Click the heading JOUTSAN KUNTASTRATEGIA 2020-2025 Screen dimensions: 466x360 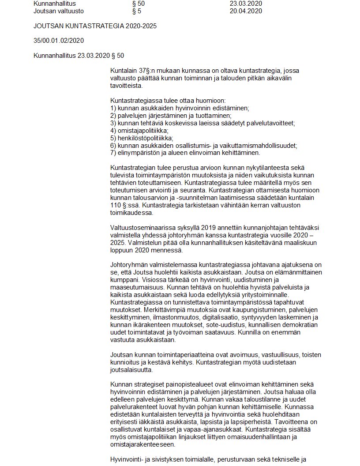(95, 26)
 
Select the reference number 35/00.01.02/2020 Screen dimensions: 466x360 (58, 41)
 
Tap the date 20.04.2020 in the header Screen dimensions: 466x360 (246, 11)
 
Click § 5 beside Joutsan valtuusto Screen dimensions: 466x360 (136, 11)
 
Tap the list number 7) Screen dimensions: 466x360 (113, 153)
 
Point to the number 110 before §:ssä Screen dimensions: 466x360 (116, 205)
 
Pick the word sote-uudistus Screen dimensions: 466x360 (214, 324)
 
